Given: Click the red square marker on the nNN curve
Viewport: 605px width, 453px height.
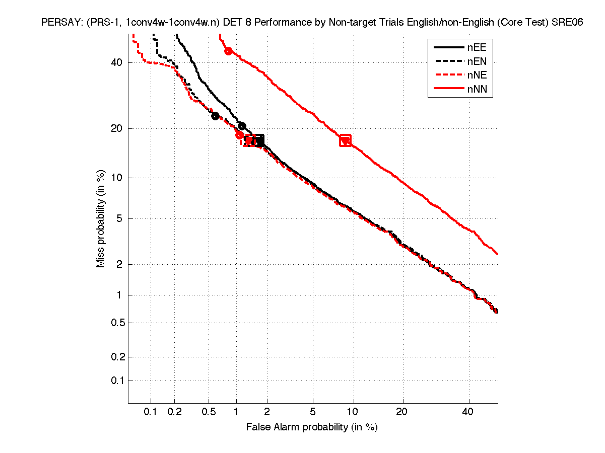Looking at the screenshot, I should click(x=345, y=140).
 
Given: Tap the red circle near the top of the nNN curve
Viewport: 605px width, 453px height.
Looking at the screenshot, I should click(x=228, y=51).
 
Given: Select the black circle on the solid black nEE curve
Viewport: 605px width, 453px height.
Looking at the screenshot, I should click(x=242, y=126).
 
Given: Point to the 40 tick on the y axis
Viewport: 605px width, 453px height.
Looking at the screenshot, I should click(x=117, y=62).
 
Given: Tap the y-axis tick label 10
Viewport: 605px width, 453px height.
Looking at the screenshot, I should click(x=117, y=178).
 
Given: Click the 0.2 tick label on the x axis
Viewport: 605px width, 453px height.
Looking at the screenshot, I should click(x=175, y=412).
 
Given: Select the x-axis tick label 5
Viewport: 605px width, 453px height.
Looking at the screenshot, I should click(x=313, y=412).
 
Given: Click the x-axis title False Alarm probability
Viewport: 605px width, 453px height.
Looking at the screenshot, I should click(x=312, y=427).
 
